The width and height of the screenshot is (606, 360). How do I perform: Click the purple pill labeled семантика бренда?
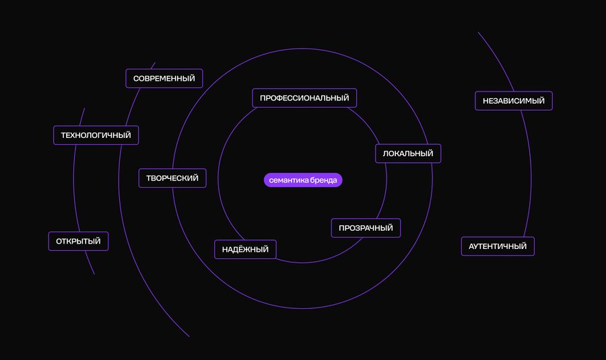point(303,180)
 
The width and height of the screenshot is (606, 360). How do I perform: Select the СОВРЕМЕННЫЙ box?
point(164,79)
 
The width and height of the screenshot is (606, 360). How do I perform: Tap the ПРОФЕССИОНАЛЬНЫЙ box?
point(304,98)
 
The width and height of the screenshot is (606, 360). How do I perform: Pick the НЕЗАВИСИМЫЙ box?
point(514,101)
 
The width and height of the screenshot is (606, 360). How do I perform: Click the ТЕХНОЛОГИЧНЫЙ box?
point(96,135)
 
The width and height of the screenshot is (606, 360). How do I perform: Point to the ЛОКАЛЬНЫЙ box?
point(408,153)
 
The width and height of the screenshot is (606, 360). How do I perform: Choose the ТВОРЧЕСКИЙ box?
point(172,178)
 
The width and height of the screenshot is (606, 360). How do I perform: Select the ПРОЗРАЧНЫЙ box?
point(366,228)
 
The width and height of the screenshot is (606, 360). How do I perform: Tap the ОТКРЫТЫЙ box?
point(79,242)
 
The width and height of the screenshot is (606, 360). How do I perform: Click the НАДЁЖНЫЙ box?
point(245,250)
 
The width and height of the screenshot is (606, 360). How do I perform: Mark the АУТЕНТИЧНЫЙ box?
point(498,246)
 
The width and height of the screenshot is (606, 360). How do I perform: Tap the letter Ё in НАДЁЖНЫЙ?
point(242,249)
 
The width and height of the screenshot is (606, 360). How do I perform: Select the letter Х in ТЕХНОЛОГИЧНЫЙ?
point(77,135)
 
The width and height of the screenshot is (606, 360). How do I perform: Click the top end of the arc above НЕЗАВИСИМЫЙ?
point(478,32)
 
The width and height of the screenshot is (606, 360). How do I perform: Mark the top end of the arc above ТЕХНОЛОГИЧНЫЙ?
point(85,108)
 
